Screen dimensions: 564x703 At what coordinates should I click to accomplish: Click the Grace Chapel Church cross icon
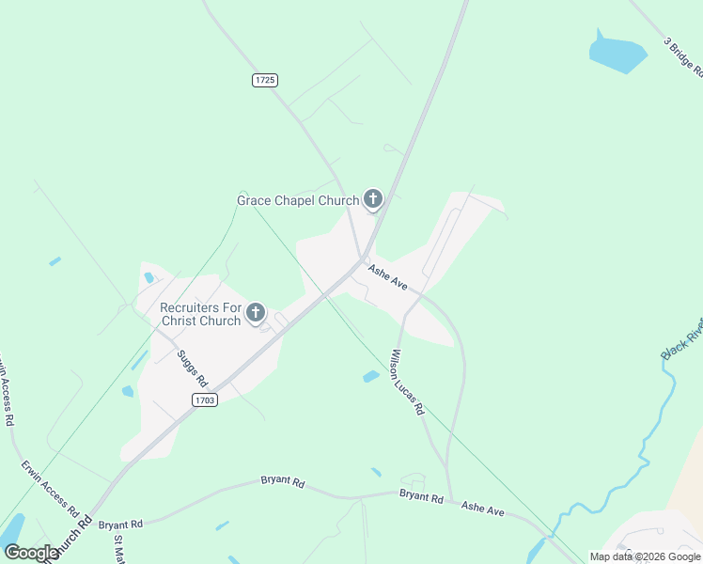[373, 198]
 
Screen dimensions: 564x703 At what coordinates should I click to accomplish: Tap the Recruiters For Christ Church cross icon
[255, 313]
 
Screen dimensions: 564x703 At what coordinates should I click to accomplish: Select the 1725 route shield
[265, 80]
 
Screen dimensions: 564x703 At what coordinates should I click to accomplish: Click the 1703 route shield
[205, 400]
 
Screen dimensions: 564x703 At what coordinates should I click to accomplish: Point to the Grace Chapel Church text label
[298, 200]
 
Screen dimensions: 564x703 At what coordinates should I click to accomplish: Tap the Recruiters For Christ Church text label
[200, 314]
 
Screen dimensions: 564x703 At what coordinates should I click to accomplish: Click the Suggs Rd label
[192, 368]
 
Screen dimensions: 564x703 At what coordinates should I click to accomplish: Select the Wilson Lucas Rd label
[408, 383]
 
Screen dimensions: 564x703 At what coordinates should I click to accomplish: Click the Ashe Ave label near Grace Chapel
[387, 276]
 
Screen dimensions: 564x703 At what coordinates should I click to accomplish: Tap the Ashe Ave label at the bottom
[482, 509]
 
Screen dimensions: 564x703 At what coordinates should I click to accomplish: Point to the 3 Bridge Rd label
[683, 59]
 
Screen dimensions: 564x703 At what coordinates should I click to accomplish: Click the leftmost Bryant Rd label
[119, 524]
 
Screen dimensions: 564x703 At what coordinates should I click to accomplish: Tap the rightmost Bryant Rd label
[420, 495]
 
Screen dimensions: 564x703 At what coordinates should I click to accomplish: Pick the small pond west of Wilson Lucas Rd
[371, 376]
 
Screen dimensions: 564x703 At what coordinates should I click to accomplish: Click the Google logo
[30, 553]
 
